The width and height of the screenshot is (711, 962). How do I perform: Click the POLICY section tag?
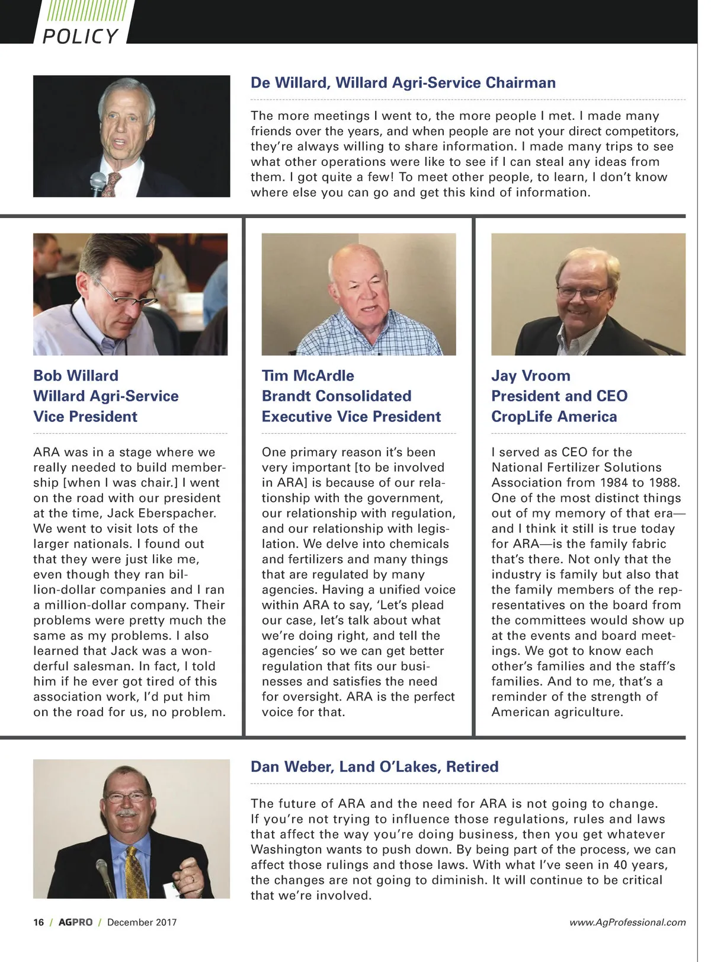point(80,36)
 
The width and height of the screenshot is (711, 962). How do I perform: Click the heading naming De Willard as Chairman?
point(403,82)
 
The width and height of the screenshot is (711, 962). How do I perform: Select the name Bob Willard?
point(76,375)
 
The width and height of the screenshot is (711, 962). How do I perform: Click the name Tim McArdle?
point(308,375)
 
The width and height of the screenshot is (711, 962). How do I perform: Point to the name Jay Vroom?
point(531,375)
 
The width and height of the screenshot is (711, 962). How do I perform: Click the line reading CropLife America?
point(554,417)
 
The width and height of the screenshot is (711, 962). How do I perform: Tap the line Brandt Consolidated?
point(337,396)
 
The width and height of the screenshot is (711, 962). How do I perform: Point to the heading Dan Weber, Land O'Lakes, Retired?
point(374,766)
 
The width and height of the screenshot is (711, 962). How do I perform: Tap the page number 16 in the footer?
point(39,922)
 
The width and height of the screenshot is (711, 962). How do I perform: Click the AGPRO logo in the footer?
point(75,922)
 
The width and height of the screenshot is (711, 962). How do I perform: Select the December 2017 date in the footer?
point(142,922)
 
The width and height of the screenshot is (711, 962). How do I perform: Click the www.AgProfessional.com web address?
point(627,922)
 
